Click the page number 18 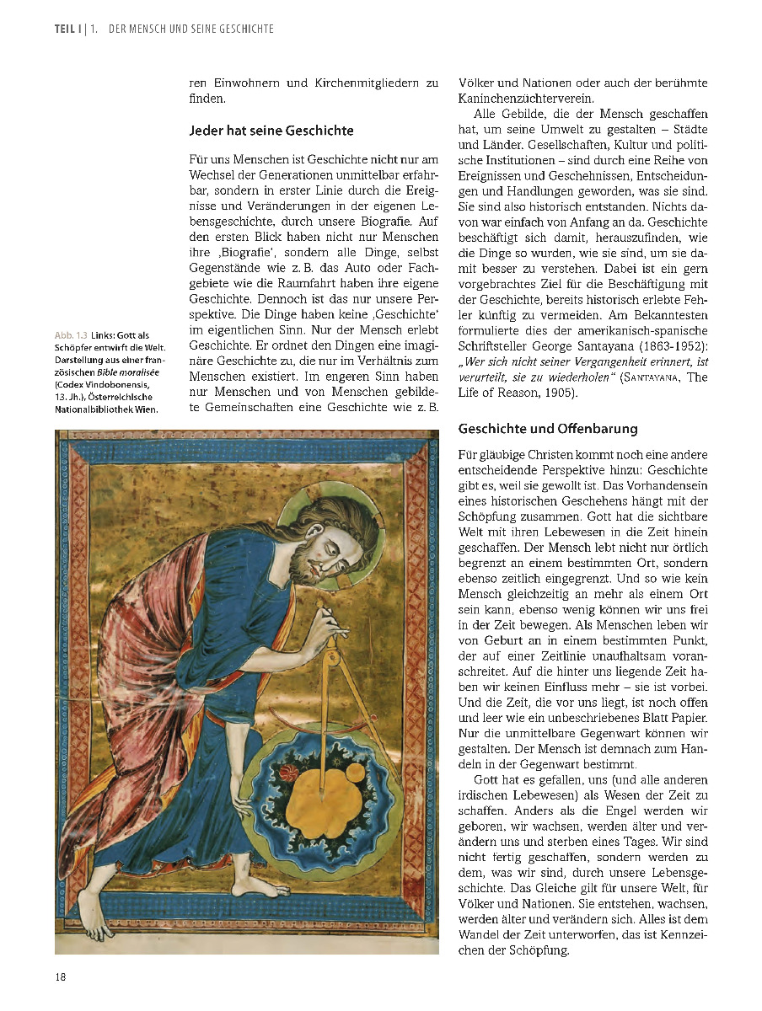coord(62,977)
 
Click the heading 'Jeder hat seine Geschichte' coord(271,131)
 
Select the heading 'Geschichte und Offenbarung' coord(548,429)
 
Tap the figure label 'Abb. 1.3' coord(71,336)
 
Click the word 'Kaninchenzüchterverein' coord(525,98)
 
